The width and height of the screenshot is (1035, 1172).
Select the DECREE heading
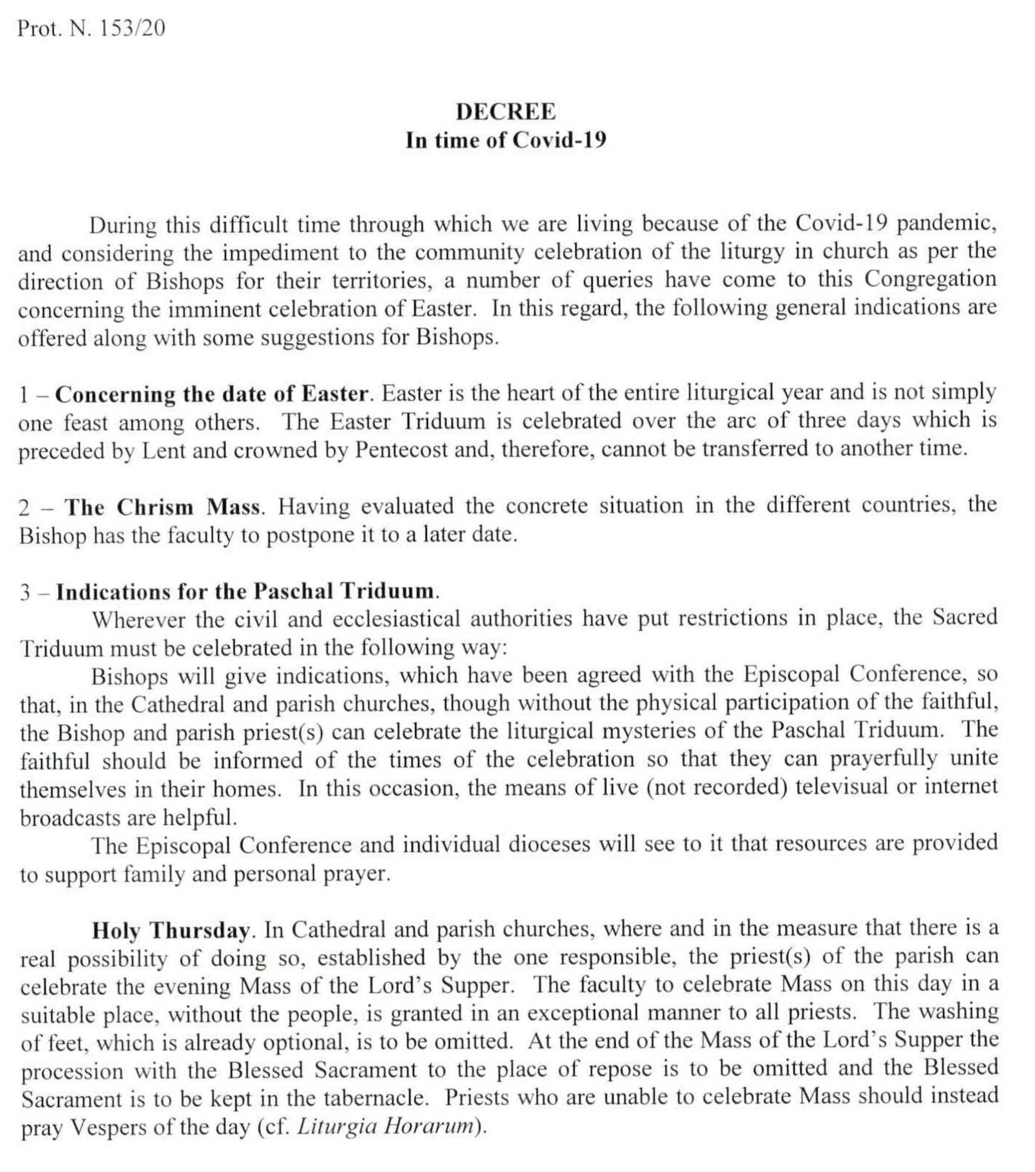point(505,112)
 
